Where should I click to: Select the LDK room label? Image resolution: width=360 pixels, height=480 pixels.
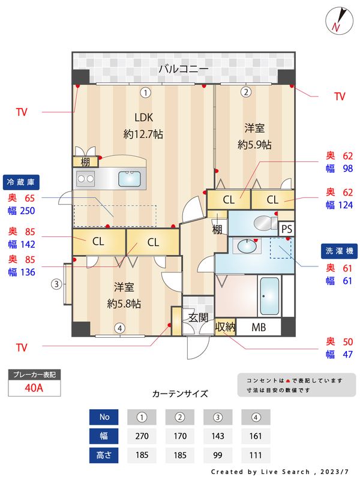click(x=144, y=117)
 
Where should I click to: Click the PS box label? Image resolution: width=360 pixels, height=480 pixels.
click(x=287, y=229)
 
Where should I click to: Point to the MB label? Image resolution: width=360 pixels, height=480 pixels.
click(x=259, y=328)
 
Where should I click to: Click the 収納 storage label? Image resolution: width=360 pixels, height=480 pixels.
click(x=225, y=328)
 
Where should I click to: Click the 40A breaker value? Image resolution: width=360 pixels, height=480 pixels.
click(x=34, y=388)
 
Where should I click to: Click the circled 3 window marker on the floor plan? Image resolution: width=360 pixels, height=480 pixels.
click(x=56, y=284)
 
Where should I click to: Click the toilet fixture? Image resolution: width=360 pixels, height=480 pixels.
click(x=262, y=223)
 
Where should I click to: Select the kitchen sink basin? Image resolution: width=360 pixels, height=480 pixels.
click(x=130, y=178)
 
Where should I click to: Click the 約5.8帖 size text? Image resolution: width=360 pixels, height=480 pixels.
click(x=124, y=304)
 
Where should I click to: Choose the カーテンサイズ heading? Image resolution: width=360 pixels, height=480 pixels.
click(x=180, y=394)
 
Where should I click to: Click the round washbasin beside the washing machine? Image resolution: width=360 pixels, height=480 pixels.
click(x=247, y=246)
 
